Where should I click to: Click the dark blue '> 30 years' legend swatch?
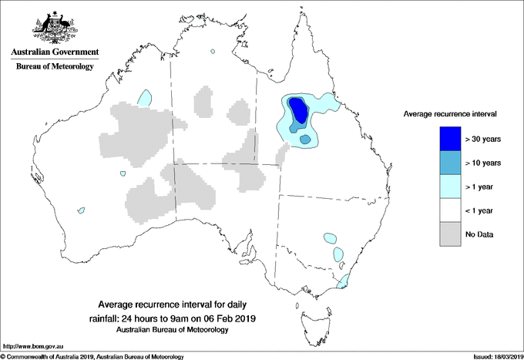(446, 139)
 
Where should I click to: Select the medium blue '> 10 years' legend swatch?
(446, 163)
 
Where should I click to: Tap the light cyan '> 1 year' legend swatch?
(446, 187)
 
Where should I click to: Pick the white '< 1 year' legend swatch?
(446, 210)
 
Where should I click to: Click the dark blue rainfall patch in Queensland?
(298, 111)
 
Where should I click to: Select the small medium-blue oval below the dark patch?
(306, 140)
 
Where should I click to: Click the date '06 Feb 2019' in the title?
(230, 318)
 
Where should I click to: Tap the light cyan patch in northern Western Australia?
(144, 97)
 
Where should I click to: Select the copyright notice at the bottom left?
(92, 356)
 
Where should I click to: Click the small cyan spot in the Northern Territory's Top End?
(211, 52)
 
